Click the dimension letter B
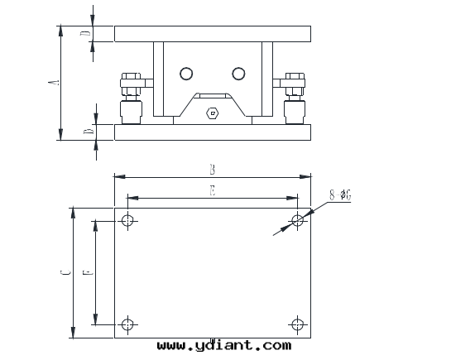pyautogui.click(x=213, y=170)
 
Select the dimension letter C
pyautogui.click(x=65, y=272)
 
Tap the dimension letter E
pyautogui.click(x=213, y=190)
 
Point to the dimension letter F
pyautogui.click(x=89, y=272)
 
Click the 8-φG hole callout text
pyautogui.click(x=340, y=195)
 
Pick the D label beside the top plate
pyautogui.click(x=85, y=33)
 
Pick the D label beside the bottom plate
pyautogui.click(x=89, y=131)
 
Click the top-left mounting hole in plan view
pyautogui.click(x=127, y=221)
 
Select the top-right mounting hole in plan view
pyautogui.click(x=297, y=221)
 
